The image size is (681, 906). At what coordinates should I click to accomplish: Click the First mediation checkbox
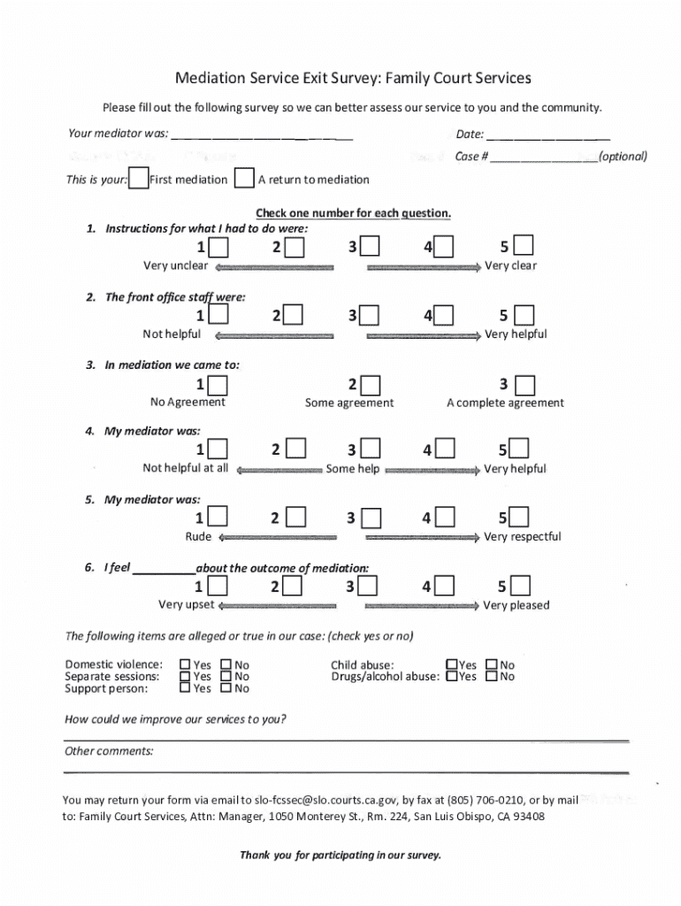(x=138, y=179)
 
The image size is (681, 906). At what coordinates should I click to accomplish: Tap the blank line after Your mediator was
(x=262, y=135)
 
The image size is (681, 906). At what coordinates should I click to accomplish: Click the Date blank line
(x=547, y=135)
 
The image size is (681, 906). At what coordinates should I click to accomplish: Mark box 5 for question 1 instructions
(x=524, y=246)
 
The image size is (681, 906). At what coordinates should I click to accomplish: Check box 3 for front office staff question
(x=370, y=315)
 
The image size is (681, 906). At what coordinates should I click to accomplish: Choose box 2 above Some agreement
(x=370, y=385)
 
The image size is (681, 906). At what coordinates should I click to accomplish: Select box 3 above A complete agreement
(x=524, y=385)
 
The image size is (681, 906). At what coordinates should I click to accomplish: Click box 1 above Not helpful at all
(x=218, y=449)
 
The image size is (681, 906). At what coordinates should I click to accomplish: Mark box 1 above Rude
(x=218, y=518)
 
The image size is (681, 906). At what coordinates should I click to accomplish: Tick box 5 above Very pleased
(x=521, y=586)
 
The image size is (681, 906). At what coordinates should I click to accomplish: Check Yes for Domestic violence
(x=185, y=664)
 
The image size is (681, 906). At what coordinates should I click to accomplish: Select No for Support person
(x=226, y=687)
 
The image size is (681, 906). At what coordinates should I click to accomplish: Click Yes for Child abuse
(x=452, y=664)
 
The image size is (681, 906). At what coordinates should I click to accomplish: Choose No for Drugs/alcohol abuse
(x=491, y=676)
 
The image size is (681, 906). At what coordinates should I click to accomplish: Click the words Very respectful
(x=522, y=537)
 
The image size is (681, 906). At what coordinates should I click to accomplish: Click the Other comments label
(x=109, y=751)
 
